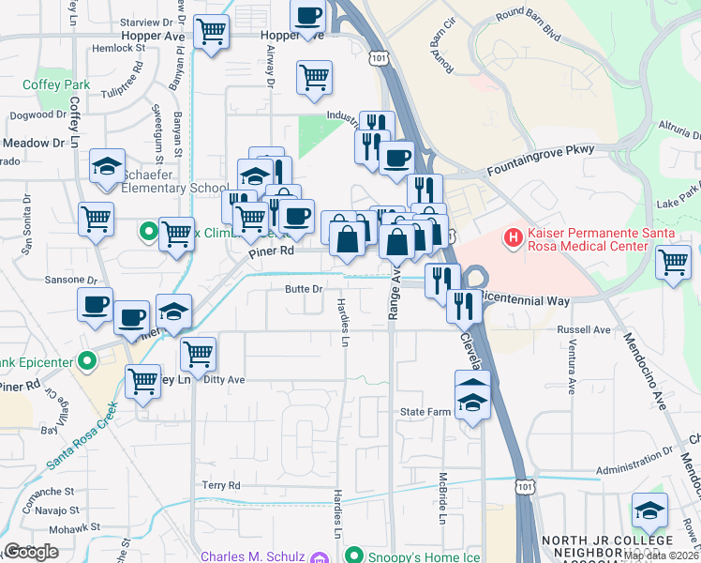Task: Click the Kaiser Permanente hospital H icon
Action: (514, 239)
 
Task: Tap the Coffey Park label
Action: (56, 84)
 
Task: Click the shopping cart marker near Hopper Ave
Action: (211, 33)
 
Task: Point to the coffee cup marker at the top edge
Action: (307, 16)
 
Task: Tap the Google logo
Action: (31, 552)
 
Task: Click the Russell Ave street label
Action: (583, 330)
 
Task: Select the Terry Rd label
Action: (221, 485)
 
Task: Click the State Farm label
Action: (426, 412)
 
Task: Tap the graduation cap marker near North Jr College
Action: (649, 510)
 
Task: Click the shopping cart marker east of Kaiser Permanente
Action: (673, 262)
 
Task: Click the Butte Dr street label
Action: (305, 289)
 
